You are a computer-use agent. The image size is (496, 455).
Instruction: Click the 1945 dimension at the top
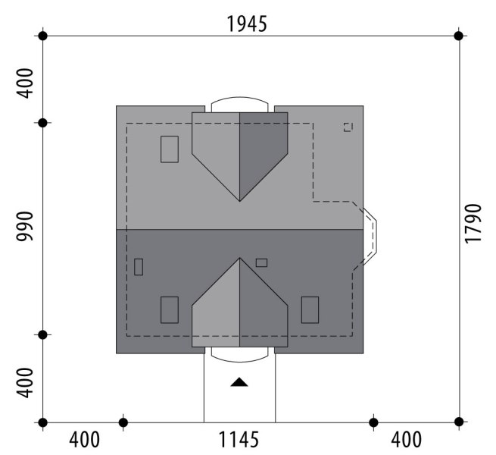[247, 24]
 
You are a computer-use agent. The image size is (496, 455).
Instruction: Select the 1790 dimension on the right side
[473, 224]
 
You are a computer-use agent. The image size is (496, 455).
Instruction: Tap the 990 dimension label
[25, 226]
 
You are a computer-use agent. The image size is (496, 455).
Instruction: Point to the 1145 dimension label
[239, 440]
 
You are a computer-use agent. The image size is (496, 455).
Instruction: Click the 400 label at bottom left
[85, 440]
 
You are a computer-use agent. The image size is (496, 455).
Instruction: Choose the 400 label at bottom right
[406, 440]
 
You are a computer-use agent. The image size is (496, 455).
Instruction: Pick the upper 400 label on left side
[25, 83]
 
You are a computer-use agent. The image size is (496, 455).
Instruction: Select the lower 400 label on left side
[25, 383]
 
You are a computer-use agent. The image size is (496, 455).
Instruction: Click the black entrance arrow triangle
[239, 382]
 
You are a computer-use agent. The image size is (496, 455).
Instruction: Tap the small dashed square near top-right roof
[348, 127]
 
